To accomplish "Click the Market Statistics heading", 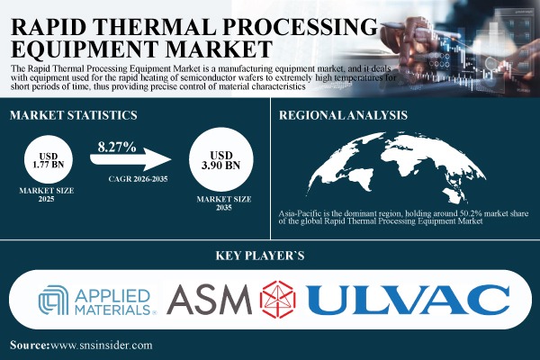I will [x=73, y=115].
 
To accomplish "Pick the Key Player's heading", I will [x=269, y=256].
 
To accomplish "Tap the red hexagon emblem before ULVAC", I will [x=283, y=299].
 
